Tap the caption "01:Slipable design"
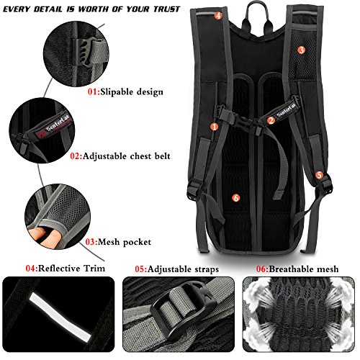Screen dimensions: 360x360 [x=126, y=92]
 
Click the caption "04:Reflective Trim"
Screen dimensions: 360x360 [x=66, y=269]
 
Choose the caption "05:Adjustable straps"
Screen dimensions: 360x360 [x=177, y=269]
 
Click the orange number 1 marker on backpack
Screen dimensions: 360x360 [x=214, y=127]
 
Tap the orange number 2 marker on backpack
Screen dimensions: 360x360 [x=271, y=121]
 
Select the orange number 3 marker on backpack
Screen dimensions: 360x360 [x=301, y=50]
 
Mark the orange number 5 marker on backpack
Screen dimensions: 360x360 [x=319, y=175]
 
